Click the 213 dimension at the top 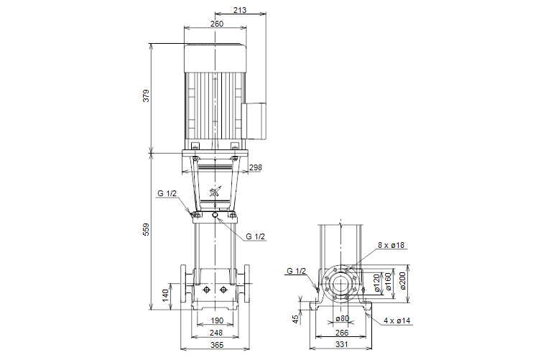click(240, 10)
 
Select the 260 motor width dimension click(216, 24)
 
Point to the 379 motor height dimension click(147, 95)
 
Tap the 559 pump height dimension click(147, 229)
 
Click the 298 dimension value click(255, 167)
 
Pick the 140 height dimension click(165, 294)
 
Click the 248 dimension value click(216, 333)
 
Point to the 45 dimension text click(296, 318)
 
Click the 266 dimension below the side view click(342, 333)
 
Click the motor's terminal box click(256, 120)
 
